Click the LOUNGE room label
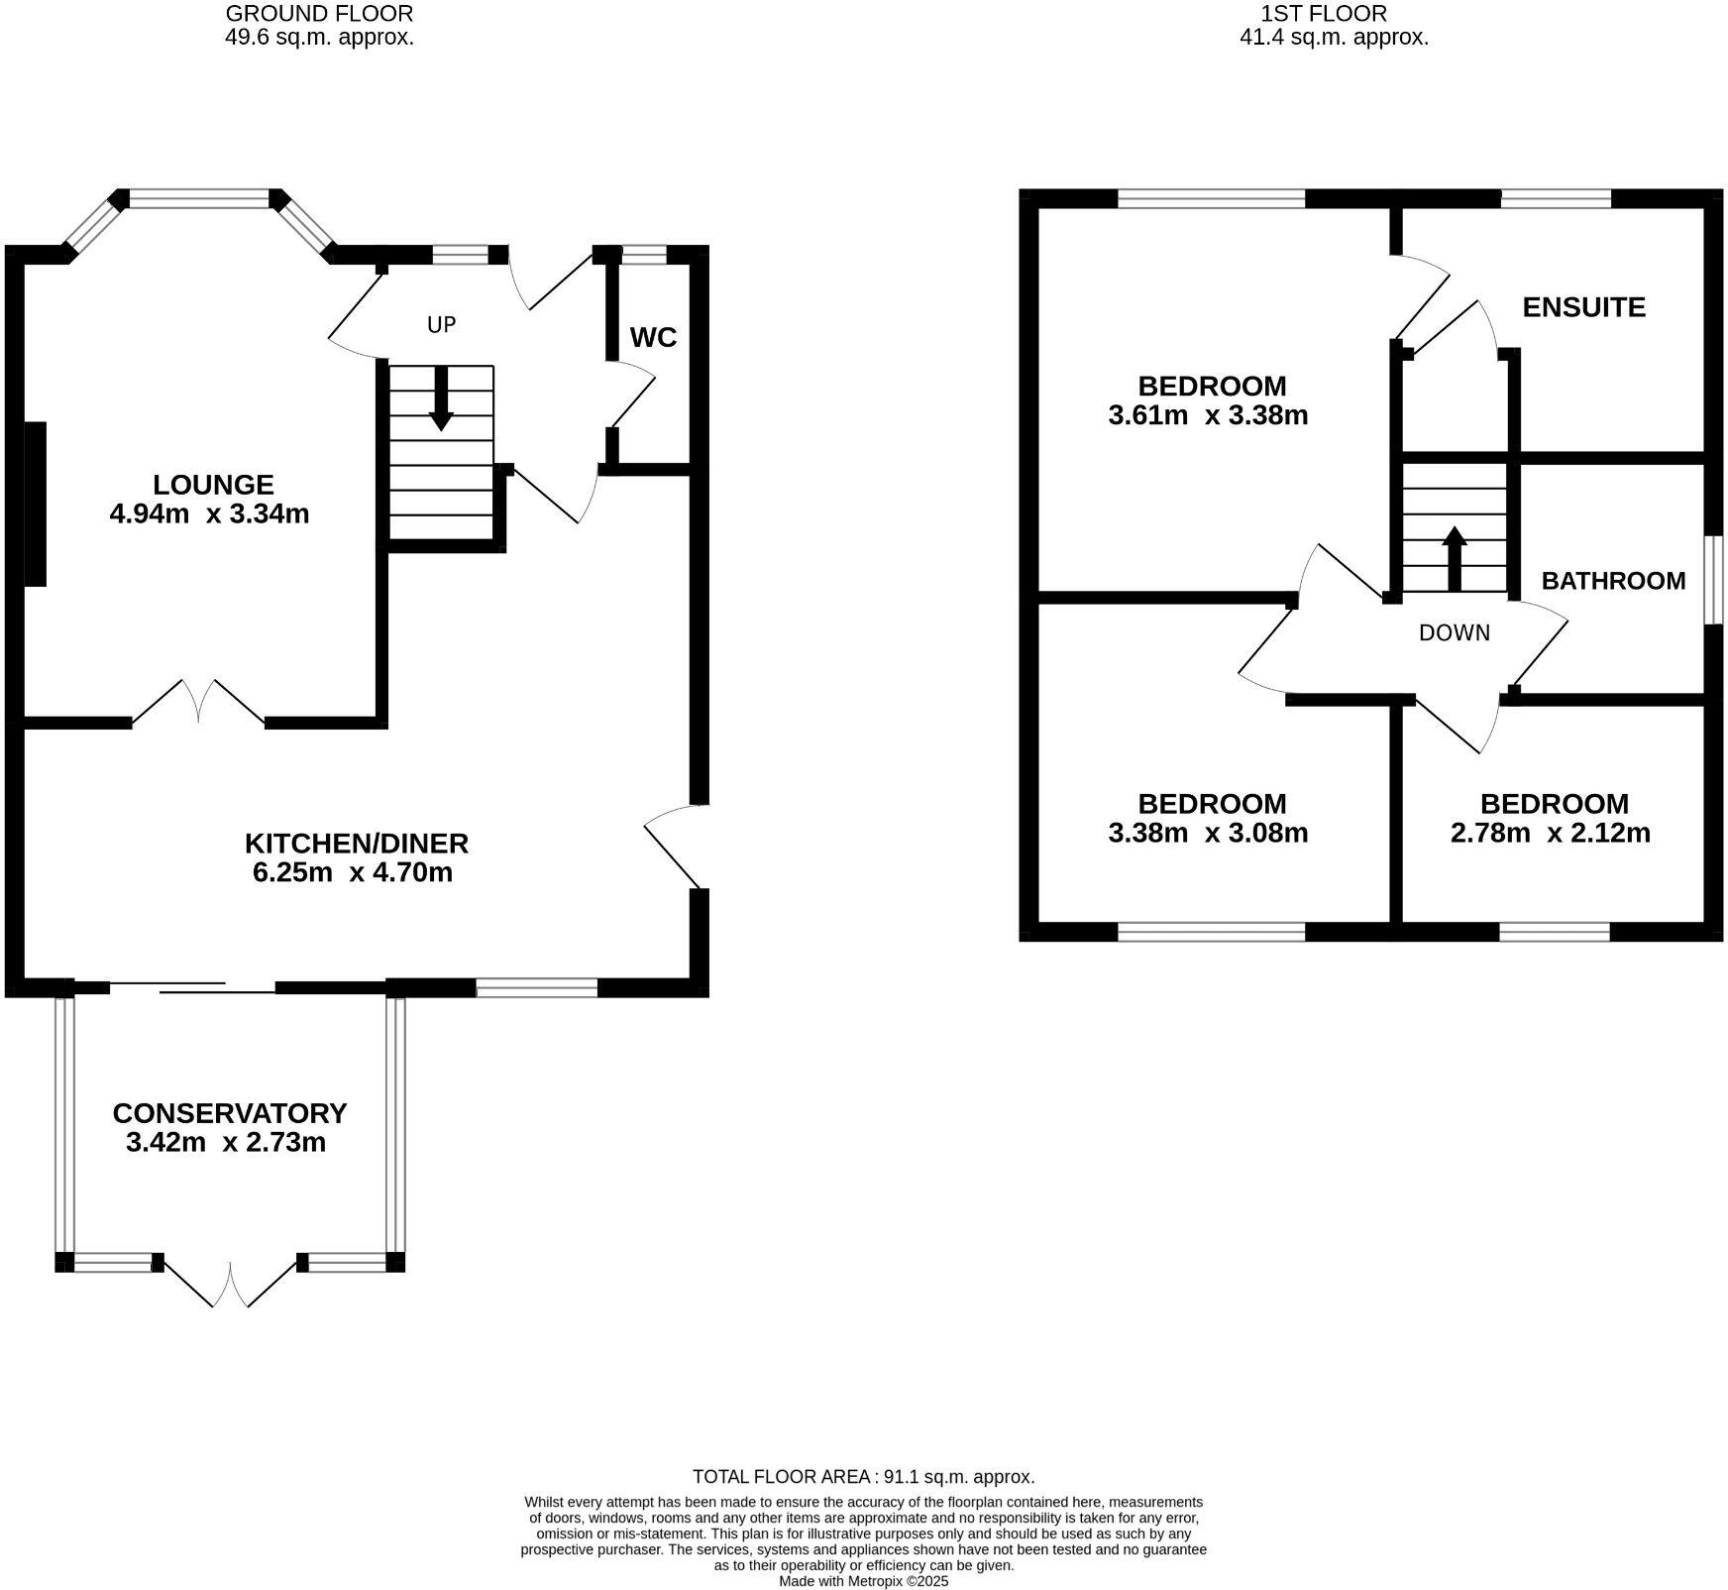click(213, 485)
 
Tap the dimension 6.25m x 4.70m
click(353, 872)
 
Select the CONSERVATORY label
click(230, 1113)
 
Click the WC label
click(653, 338)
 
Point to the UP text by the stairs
click(441, 324)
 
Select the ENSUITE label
click(1583, 307)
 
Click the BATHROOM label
click(1613, 581)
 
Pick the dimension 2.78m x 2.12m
click(1550, 833)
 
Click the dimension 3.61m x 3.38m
click(1208, 415)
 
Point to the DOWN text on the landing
click(1454, 632)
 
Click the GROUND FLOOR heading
click(319, 14)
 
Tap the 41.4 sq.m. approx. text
click(1334, 39)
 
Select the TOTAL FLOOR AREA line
click(863, 1476)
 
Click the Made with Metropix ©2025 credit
click(863, 1581)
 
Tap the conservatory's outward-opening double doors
click(230, 1283)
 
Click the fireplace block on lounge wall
click(35, 504)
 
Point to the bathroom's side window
click(1711, 581)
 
